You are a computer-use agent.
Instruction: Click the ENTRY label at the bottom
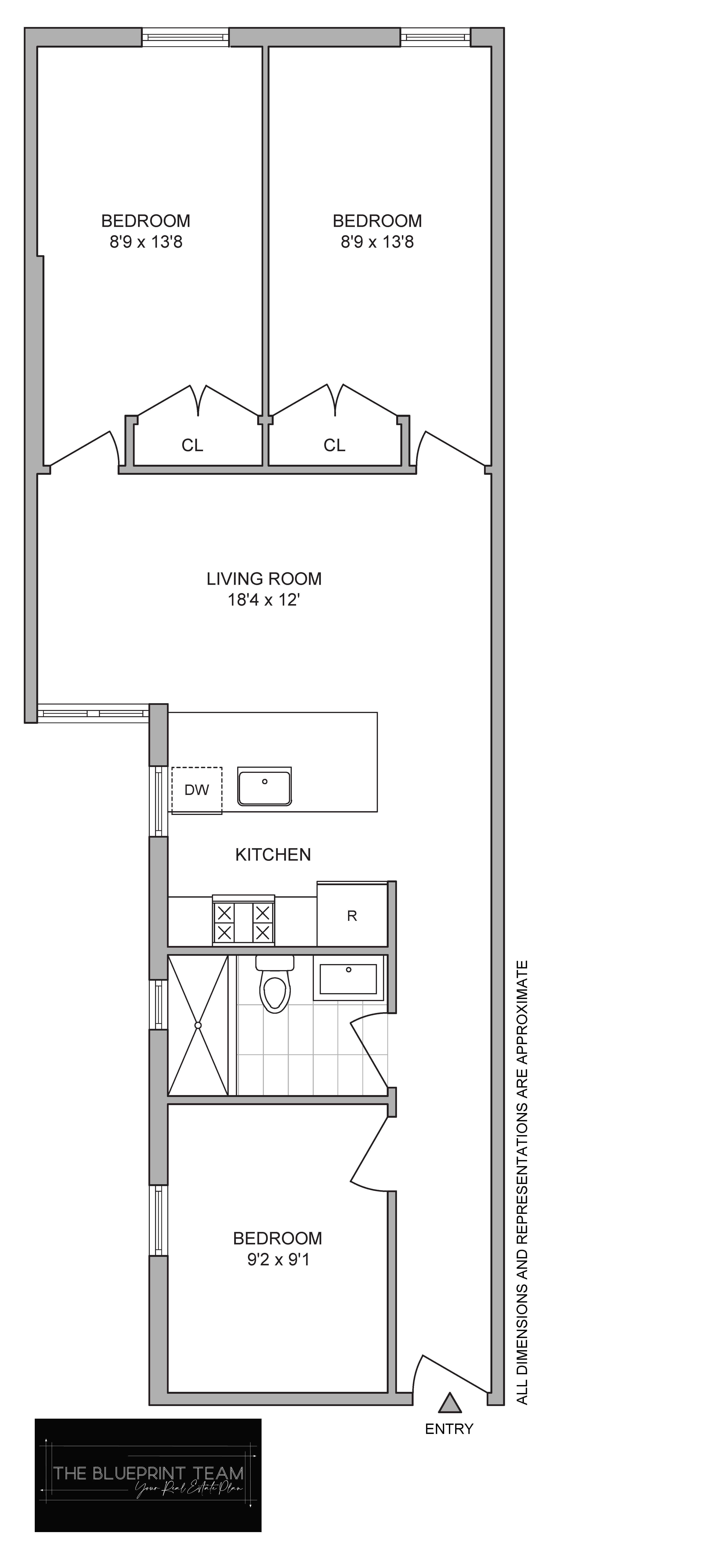tap(449, 1428)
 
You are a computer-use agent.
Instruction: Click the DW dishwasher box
tap(197, 790)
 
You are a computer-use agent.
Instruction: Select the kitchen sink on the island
tap(264, 786)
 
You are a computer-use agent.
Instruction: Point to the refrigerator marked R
tap(352, 915)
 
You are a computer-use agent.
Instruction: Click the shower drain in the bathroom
tap(198, 1025)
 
